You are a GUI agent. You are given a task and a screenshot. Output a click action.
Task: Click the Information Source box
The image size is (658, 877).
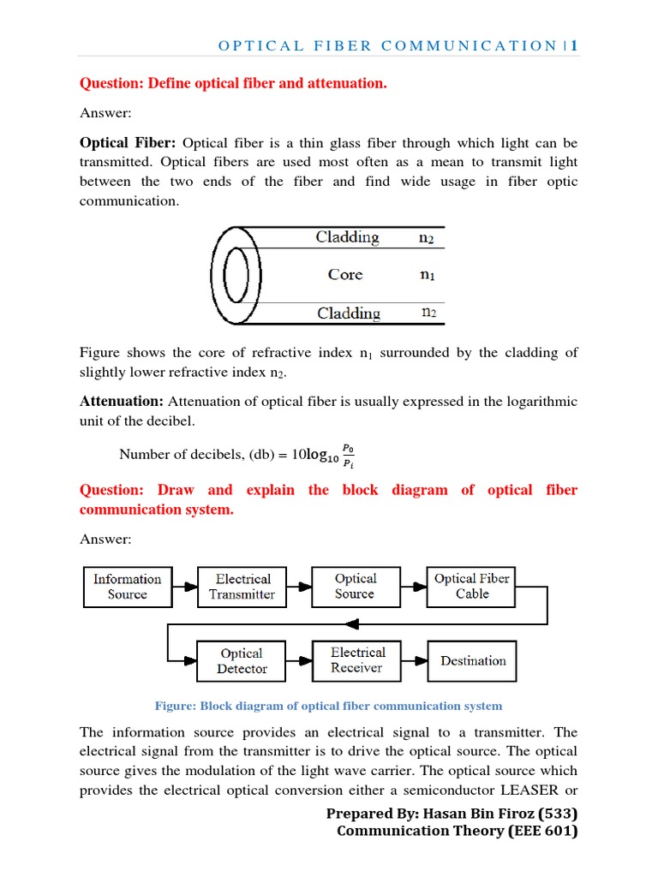[x=127, y=587]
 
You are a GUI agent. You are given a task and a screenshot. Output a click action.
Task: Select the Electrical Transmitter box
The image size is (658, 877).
[x=242, y=587]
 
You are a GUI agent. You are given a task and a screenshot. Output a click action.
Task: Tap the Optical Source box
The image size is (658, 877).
[x=355, y=586]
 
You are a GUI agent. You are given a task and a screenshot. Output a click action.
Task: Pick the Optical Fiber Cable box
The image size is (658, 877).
[x=471, y=586]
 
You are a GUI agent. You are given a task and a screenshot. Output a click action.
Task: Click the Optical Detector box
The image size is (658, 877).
[x=242, y=661]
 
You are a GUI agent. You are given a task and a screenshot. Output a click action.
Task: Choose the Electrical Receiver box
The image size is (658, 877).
[x=357, y=660]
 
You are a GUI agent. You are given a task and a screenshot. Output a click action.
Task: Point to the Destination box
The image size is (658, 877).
[x=472, y=660]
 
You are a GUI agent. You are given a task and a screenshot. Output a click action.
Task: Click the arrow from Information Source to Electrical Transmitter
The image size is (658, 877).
[x=184, y=587]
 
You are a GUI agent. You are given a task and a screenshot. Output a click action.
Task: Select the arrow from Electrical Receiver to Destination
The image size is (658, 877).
[x=416, y=660]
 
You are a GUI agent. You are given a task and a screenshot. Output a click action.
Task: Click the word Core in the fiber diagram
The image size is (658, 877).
[x=345, y=275]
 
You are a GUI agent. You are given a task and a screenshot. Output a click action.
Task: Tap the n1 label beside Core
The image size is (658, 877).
[x=427, y=276]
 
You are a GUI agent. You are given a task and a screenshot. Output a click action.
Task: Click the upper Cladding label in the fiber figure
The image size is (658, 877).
[x=347, y=237]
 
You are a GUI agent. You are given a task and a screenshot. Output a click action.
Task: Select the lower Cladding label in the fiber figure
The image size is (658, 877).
[x=349, y=313]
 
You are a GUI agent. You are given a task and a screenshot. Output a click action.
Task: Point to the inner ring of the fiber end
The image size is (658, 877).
[x=236, y=276]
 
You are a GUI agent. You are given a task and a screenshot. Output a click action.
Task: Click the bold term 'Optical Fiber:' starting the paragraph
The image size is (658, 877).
[x=128, y=142]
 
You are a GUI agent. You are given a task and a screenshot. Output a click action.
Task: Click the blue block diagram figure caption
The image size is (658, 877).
[x=328, y=706]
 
